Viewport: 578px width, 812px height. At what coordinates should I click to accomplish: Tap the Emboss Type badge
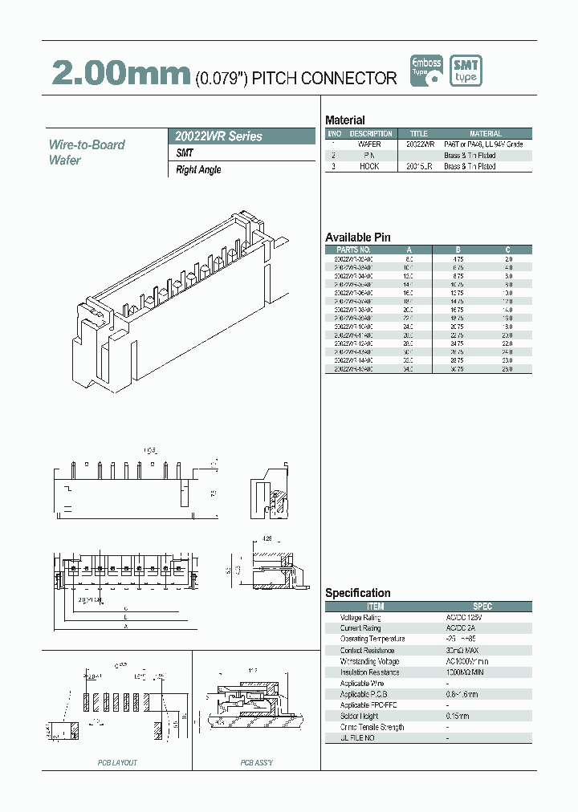tap(426, 71)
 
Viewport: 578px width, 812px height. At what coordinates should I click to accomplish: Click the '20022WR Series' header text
tap(218, 136)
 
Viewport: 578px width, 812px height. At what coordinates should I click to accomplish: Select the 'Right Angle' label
tap(198, 170)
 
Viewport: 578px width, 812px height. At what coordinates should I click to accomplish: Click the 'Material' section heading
tap(344, 120)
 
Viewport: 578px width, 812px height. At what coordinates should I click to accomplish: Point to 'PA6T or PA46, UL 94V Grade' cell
tap(483, 144)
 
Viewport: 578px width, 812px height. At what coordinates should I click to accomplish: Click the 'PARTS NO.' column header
tap(352, 250)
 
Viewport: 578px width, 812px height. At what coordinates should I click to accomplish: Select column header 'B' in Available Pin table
tap(458, 250)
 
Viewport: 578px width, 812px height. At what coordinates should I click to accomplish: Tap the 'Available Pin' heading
tap(357, 238)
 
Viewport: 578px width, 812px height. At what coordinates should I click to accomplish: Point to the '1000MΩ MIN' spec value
tap(465, 672)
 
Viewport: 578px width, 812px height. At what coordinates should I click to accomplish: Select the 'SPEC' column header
tap(482, 607)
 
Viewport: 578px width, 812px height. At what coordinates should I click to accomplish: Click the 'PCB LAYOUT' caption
tap(117, 762)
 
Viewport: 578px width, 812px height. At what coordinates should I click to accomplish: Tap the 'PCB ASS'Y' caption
tap(257, 762)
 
